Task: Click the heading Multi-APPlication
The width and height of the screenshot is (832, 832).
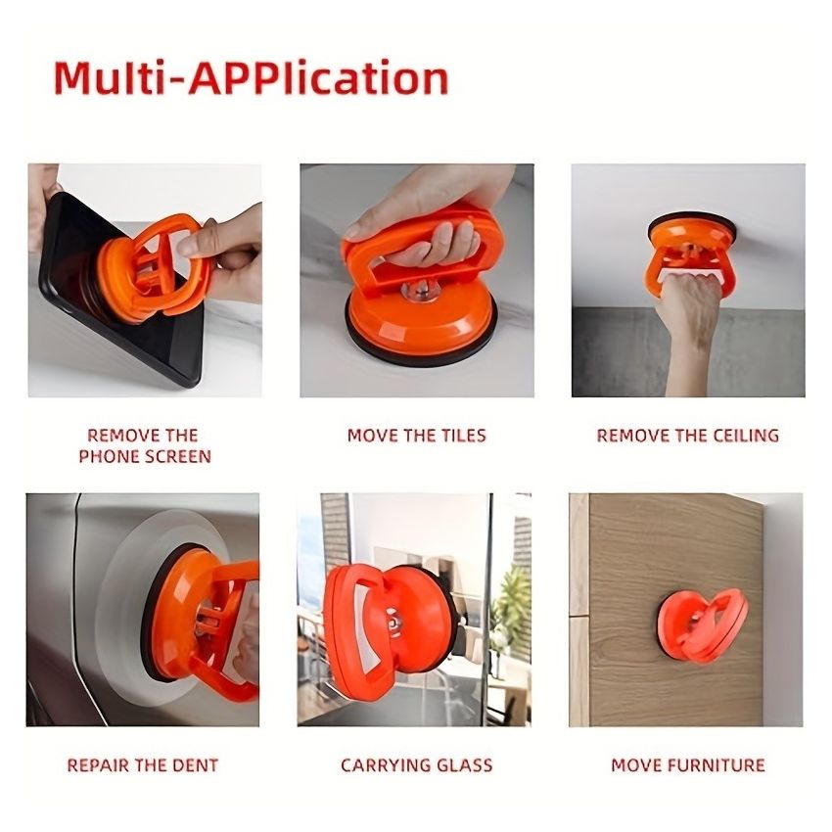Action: pyautogui.click(x=251, y=78)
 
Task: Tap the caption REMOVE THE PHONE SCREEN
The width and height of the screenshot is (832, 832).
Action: pyautogui.click(x=144, y=445)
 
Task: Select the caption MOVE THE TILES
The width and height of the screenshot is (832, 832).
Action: pyautogui.click(x=416, y=436)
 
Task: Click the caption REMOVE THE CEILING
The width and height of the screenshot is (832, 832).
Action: pyautogui.click(x=687, y=436)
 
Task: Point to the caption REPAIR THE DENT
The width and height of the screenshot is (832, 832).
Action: pyautogui.click(x=143, y=765)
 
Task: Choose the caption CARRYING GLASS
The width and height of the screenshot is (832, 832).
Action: pyautogui.click(x=416, y=765)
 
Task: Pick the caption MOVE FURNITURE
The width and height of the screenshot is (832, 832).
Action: pyautogui.click(x=687, y=765)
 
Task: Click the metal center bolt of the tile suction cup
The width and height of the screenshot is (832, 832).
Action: pyautogui.click(x=424, y=290)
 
